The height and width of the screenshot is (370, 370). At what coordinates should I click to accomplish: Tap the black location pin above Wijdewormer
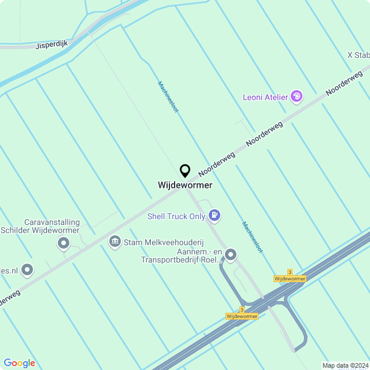pyautogui.click(x=185, y=171)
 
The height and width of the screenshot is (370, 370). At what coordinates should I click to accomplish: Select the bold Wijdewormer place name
pyautogui.click(x=185, y=186)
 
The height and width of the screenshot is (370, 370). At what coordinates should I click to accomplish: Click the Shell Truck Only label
pyautogui.click(x=176, y=217)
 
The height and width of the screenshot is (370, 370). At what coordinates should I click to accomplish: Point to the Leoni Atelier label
pyautogui.click(x=265, y=97)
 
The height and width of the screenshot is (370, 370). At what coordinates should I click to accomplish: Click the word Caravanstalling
pyautogui.click(x=51, y=222)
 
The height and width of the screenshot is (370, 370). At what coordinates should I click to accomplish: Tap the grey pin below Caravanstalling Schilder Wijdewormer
pyautogui.click(x=63, y=244)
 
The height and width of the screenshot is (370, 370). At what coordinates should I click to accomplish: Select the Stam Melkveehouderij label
pyautogui.click(x=165, y=241)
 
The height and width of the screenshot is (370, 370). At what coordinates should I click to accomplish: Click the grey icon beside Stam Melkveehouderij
pyautogui.click(x=114, y=240)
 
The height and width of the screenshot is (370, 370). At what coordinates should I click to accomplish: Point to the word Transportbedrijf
pyautogui.click(x=172, y=260)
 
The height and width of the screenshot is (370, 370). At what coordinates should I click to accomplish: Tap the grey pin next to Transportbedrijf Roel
pyautogui.click(x=231, y=254)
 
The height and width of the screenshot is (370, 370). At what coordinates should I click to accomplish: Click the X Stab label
pyautogui.click(x=358, y=55)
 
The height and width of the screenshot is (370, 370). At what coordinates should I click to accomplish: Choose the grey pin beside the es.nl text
pyautogui.click(x=27, y=269)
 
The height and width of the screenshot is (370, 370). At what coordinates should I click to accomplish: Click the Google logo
pyautogui.click(x=19, y=363)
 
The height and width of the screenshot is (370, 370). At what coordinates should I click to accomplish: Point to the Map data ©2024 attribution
pyautogui.click(x=345, y=365)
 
